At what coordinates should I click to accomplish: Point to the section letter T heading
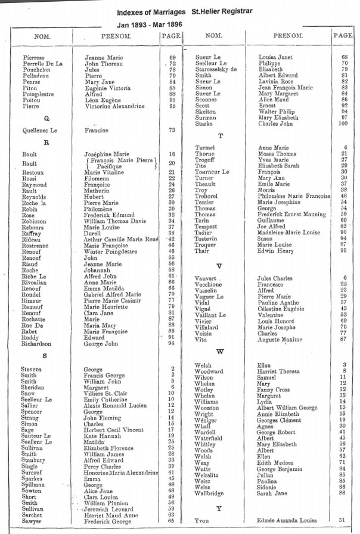pyautogui.click(x=221, y=136)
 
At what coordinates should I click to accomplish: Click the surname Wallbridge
pyautogui.click(x=210, y=492)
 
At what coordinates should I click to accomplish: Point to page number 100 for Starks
pyautogui.click(x=343, y=124)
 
